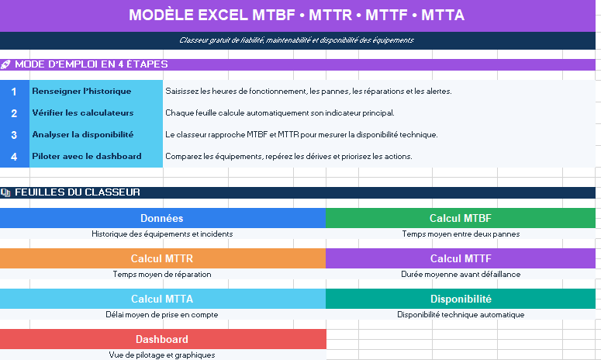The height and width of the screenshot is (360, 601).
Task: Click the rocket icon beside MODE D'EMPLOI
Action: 5,64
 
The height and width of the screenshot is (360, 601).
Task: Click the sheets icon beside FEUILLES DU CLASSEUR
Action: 5,192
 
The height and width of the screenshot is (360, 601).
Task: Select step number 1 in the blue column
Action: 14,92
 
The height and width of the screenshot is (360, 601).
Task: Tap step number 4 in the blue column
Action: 14,157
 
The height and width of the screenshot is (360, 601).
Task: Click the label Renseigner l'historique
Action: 81,92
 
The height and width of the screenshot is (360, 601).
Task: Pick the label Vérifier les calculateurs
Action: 83,112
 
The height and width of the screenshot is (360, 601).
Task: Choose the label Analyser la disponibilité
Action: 83,134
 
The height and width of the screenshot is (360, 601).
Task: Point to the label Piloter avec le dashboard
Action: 87,157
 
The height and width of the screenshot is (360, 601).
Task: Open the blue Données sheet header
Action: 163,218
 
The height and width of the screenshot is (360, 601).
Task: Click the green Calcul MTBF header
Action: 461,218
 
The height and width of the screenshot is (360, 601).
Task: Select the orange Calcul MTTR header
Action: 163,258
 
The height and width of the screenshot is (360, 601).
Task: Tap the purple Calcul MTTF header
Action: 461,258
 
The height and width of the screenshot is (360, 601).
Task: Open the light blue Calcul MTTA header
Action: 163,299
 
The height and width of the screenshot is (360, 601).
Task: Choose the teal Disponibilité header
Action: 461,299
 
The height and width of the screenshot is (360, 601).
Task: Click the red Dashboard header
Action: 163,339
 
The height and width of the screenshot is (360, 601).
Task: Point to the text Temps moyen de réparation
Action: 162,274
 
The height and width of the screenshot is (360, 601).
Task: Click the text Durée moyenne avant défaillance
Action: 461,274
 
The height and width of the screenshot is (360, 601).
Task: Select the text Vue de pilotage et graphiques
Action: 162,355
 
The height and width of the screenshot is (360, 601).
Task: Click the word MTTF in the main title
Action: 386,16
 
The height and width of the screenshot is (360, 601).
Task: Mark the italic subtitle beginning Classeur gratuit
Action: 297,40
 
